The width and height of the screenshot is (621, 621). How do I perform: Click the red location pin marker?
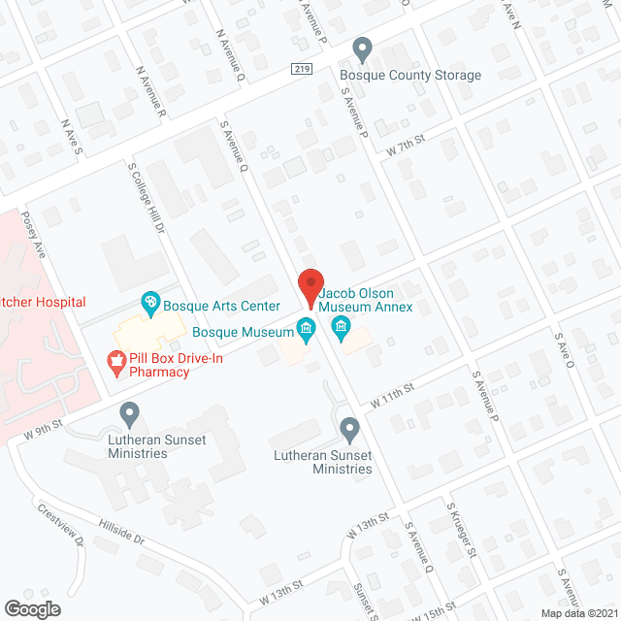[310, 287]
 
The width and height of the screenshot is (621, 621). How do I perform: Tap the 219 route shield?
[300, 69]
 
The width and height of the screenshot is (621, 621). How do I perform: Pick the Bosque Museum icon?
[306, 331]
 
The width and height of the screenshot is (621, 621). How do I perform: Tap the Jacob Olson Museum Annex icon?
[341, 326]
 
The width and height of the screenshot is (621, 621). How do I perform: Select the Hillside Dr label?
[120, 530]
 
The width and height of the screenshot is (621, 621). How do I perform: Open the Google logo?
[32, 608]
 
